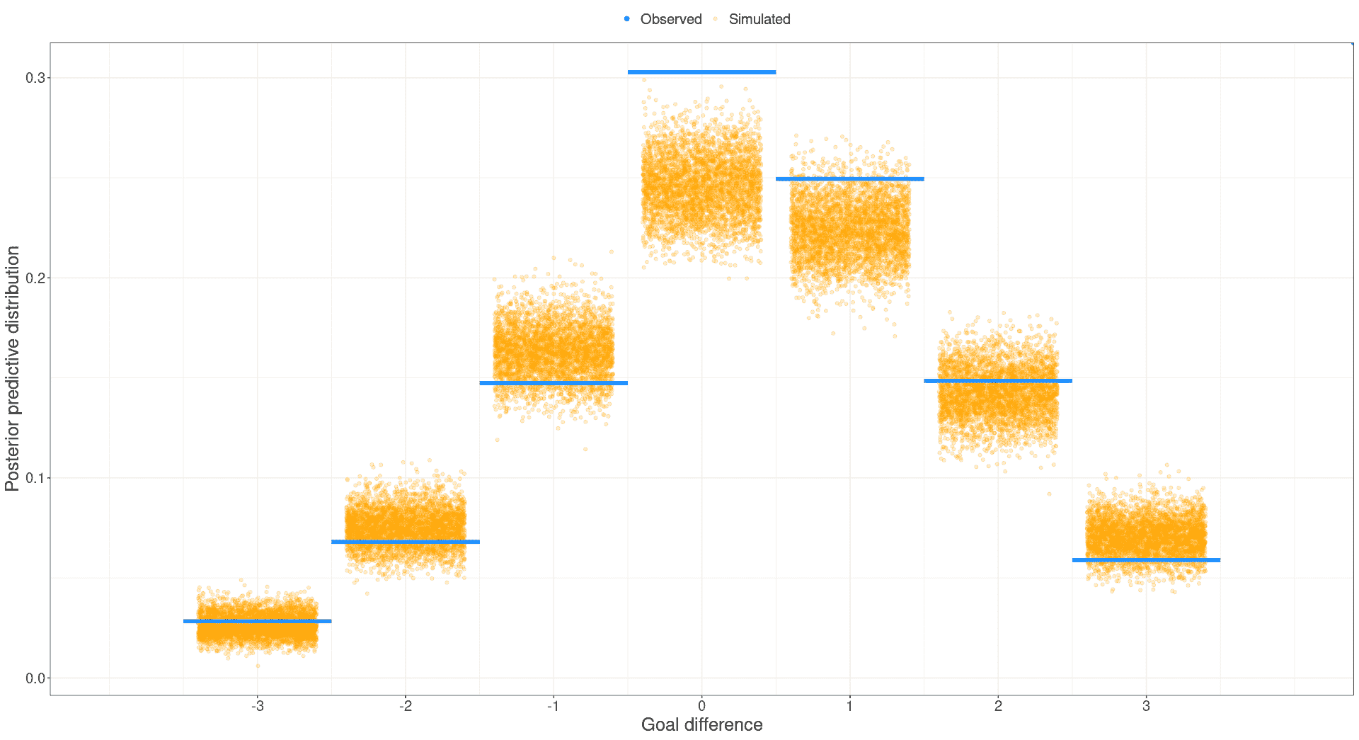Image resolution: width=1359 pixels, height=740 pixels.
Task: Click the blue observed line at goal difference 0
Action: click(701, 72)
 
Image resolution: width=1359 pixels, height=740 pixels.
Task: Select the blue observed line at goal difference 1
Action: click(849, 179)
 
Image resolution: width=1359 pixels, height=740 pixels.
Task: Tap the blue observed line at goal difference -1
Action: click(554, 383)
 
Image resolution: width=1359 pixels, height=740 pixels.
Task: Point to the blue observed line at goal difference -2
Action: click(406, 542)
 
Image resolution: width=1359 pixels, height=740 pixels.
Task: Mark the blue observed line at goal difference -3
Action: click(257, 621)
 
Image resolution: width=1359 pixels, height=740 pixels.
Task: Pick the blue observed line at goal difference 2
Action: click(998, 381)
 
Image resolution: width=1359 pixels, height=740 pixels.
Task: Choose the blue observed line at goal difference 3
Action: click(1146, 560)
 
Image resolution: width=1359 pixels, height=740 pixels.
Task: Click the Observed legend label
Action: click(670, 19)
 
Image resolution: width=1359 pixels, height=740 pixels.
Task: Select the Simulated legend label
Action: click(759, 19)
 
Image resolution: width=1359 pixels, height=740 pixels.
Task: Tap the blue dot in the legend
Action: click(627, 19)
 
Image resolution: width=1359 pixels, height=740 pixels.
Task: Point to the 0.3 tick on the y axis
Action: click(35, 78)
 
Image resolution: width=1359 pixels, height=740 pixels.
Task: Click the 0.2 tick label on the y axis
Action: click(35, 278)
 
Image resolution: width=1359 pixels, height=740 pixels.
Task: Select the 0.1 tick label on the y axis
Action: click(35, 478)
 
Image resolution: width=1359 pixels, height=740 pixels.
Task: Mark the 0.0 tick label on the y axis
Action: click(35, 678)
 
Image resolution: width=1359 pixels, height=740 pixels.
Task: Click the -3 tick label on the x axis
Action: click(257, 706)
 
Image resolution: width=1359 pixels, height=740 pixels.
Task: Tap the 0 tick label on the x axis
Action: click(701, 706)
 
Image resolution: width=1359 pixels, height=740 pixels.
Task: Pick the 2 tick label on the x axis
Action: click(998, 706)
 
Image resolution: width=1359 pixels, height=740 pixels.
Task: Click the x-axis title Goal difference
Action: click(701, 724)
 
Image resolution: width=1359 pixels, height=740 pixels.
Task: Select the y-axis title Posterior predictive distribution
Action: click(12, 368)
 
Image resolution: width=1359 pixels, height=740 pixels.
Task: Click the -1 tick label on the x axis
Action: click(554, 706)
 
